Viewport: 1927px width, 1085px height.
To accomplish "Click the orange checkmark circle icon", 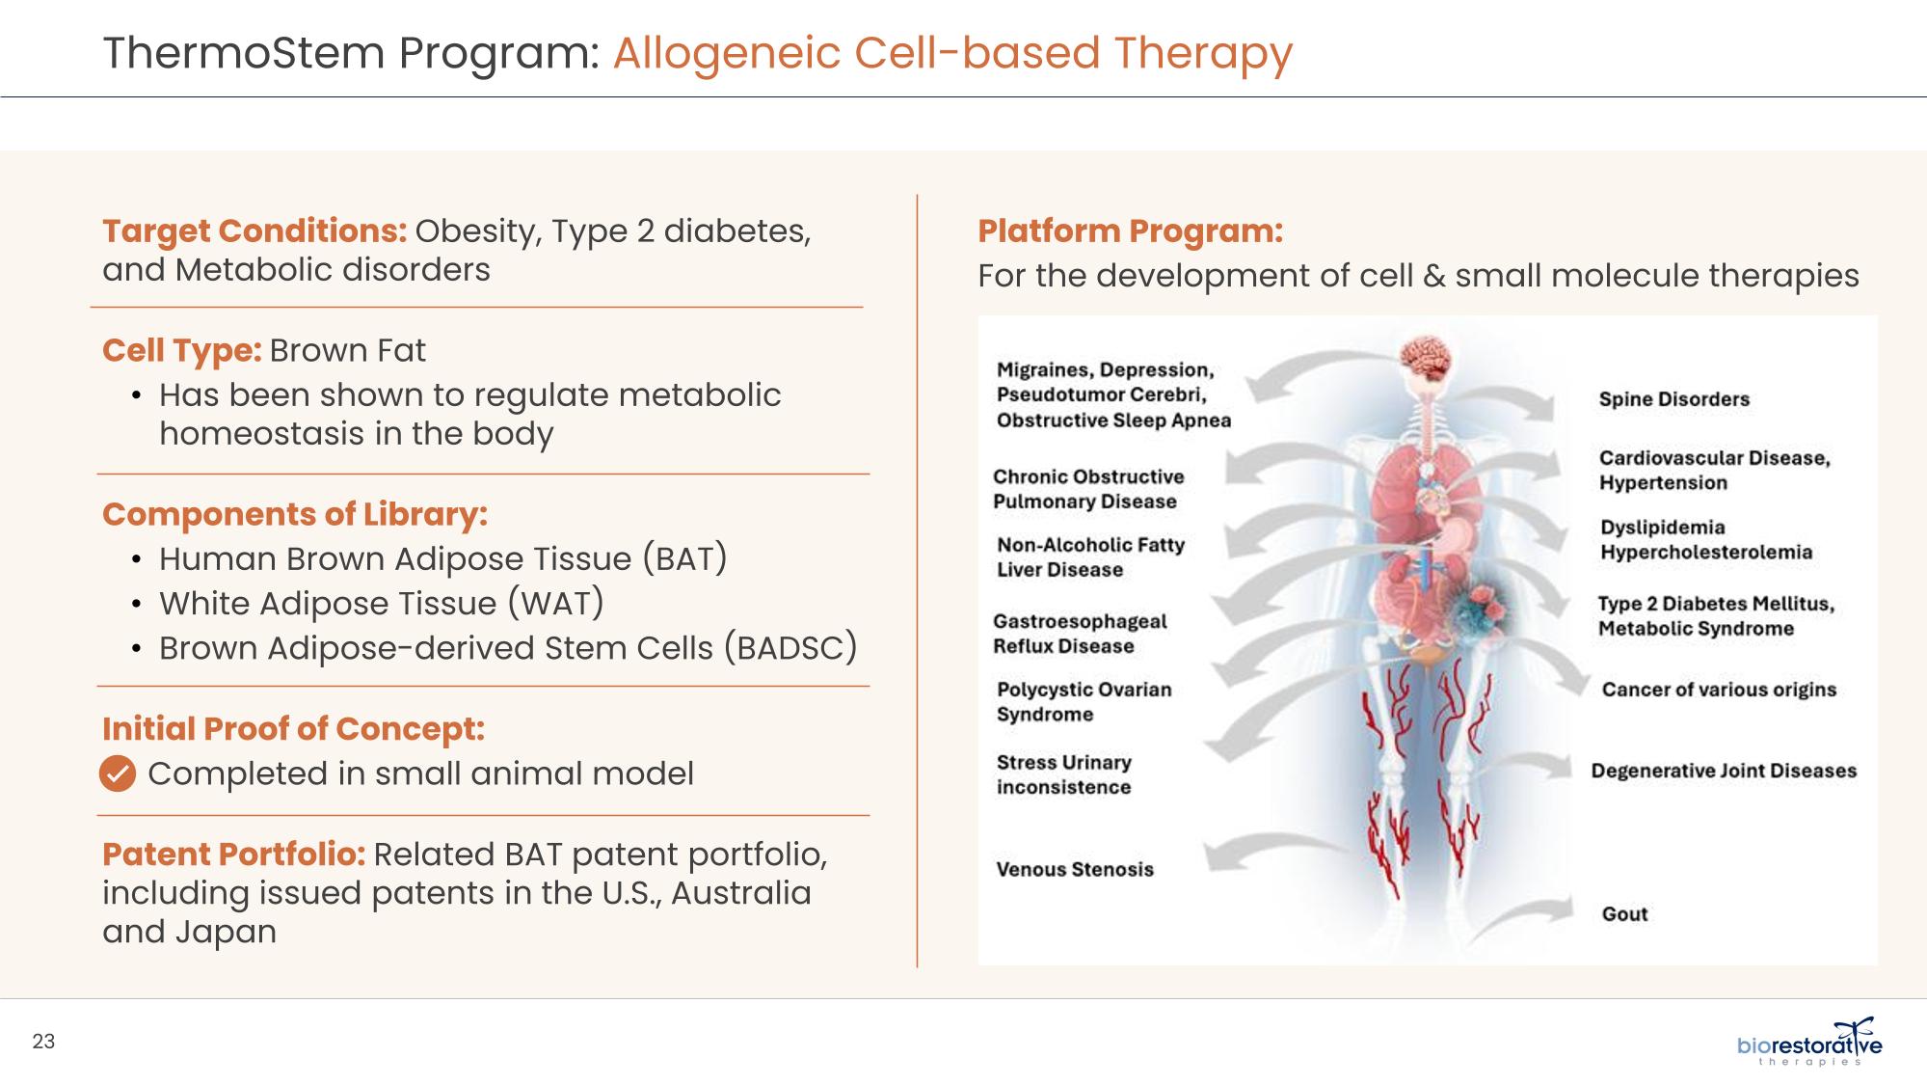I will pyautogui.click(x=118, y=773).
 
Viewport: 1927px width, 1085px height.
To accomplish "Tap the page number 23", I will pyautogui.click(x=44, y=1042).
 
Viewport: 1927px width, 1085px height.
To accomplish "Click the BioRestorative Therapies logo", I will pyautogui.click(x=1809, y=1044).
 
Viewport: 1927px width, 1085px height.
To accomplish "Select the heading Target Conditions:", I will pyautogui.click(x=254, y=231).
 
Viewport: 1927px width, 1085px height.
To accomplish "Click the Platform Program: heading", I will pyautogui.click(x=1130, y=231).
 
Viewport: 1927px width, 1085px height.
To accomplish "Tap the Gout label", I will pyautogui.click(x=1624, y=914).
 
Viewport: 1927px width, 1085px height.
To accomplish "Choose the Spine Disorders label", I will pyautogui.click(x=1673, y=399).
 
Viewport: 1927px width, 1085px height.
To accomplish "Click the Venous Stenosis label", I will pyautogui.click(x=1075, y=869).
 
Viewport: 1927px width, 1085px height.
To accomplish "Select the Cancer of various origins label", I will pyautogui.click(x=1719, y=690).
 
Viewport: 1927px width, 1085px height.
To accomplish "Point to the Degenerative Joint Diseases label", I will pyautogui.click(x=1724, y=771).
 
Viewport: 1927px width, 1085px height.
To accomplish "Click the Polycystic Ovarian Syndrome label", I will pyautogui.click(x=1084, y=702).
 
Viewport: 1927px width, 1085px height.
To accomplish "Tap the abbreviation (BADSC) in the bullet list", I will pyautogui.click(x=790, y=648).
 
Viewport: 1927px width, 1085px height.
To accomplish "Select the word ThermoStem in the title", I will pyautogui.click(x=244, y=52).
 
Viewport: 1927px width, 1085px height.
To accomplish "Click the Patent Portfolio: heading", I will pyautogui.click(x=233, y=854).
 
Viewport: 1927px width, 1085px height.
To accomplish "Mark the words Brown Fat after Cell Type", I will pyautogui.click(x=347, y=350).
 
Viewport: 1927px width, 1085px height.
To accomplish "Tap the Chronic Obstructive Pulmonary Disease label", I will pyautogui.click(x=1087, y=489).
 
